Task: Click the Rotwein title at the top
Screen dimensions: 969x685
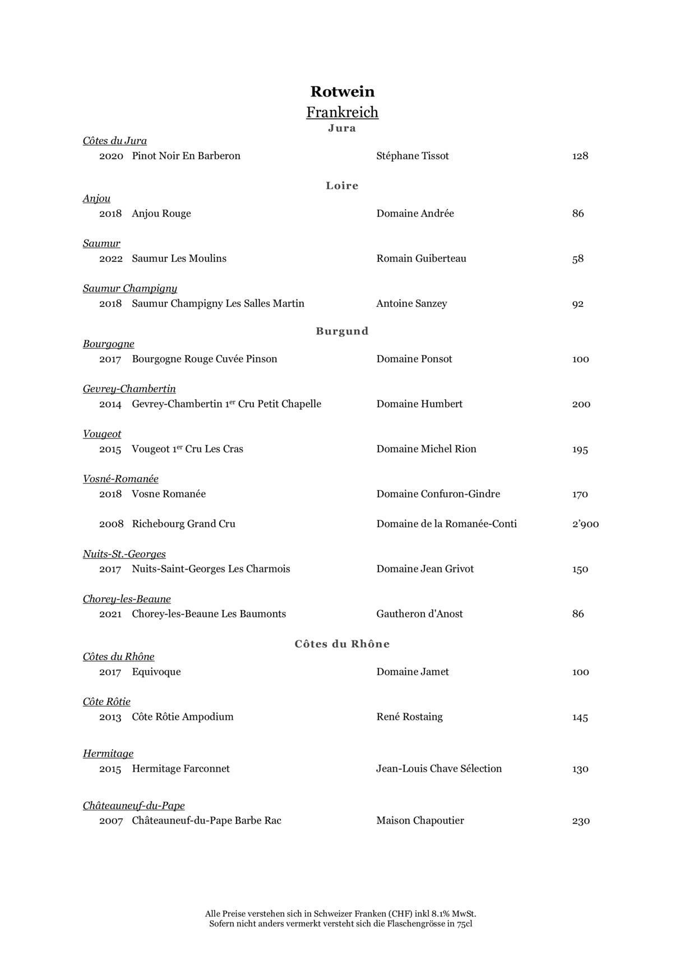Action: (x=342, y=91)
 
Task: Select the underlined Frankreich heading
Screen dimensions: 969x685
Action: (x=342, y=112)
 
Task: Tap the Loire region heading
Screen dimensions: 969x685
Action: (x=342, y=186)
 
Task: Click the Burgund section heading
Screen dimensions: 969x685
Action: (x=342, y=331)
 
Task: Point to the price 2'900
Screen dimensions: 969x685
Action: (x=585, y=524)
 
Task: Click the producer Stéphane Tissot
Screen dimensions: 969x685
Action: (x=413, y=156)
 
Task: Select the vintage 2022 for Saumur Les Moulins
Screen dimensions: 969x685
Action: (x=111, y=259)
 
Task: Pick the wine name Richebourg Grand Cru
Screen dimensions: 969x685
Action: (x=183, y=524)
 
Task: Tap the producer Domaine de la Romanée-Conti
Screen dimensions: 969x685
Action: (x=446, y=524)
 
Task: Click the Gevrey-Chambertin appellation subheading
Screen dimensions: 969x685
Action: (x=129, y=389)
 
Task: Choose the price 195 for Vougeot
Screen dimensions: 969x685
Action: (x=580, y=449)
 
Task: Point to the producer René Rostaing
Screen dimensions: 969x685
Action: (x=409, y=717)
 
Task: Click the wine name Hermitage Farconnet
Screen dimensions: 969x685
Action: (x=180, y=769)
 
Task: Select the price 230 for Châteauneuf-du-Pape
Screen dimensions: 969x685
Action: (x=581, y=821)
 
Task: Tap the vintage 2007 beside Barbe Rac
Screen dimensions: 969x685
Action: (x=111, y=821)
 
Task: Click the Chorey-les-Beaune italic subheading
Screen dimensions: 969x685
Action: (x=127, y=599)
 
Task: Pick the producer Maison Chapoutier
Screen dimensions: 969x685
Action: (x=420, y=820)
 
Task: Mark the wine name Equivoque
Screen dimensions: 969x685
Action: (x=156, y=672)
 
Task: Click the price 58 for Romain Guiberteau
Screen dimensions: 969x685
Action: (x=578, y=259)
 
